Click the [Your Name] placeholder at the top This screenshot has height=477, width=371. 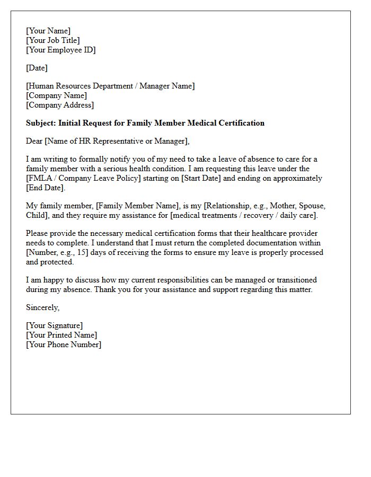(48, 31)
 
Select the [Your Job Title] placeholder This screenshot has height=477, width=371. (53, 40)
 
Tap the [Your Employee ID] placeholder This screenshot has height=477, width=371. (61, 50)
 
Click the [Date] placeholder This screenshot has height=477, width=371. (37, 68)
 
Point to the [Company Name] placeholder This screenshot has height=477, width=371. (56, 95)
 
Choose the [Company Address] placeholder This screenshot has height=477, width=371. (60, 105)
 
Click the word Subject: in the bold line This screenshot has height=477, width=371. (41, 123)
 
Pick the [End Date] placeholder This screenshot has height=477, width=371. (45, 188)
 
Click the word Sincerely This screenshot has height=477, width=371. (43, 307)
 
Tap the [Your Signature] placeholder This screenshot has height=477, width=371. (55, 325)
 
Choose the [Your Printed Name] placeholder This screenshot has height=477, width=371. (61, 335)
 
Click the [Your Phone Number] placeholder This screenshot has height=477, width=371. (64, 344)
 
